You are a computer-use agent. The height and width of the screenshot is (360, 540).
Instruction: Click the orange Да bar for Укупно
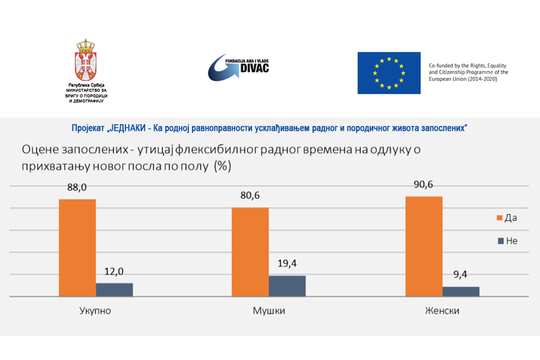click(77, 247)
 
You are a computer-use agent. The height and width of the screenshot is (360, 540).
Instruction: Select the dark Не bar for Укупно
click(114, 290)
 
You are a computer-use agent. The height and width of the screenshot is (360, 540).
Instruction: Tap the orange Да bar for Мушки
click(250, 252)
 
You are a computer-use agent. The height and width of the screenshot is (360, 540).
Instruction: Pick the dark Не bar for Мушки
click(287, 286)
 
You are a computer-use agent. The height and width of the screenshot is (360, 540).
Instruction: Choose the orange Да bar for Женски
click(424, 246)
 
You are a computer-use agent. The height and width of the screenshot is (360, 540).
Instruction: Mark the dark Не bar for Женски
click(461, 291)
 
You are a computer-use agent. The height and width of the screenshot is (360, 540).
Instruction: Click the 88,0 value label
click(77, 187)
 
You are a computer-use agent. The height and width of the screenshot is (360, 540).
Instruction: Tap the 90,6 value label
click(424, 184)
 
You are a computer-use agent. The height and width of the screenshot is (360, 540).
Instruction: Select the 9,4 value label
click(461, 274)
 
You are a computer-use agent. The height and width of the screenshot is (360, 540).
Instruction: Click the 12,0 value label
click(115, 271)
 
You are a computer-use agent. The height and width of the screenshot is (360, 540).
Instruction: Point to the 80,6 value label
click(250, 195)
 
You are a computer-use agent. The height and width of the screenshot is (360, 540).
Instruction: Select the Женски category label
click(442, 311)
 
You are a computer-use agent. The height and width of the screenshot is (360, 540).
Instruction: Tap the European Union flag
click(389, 73)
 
